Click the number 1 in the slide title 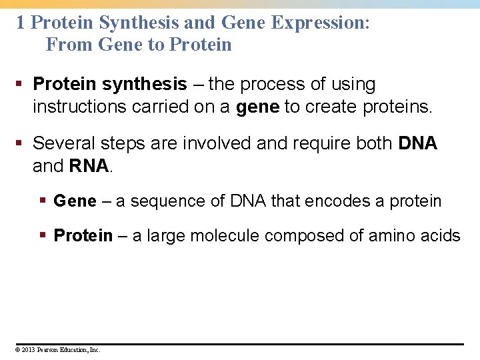click(x=21, y=23)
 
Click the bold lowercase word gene click(x=257, y=107)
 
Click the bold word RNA click(x=89, y=166)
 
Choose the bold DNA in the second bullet click(x=417, y=143)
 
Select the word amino click(x=388, y=236)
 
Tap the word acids click(x=440, y=236)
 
